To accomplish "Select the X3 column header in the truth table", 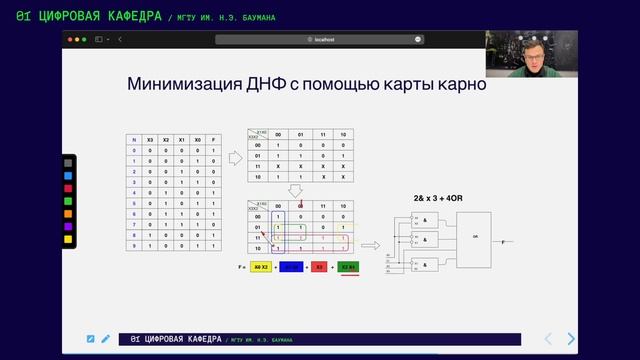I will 150,139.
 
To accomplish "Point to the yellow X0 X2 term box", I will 261,267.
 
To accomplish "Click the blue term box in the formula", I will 292,267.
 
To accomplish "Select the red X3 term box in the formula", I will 319,267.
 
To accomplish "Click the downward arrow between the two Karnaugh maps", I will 295,190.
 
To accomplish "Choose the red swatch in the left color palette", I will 68,188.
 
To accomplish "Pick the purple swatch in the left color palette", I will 68,226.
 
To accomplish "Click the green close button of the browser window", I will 84,39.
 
